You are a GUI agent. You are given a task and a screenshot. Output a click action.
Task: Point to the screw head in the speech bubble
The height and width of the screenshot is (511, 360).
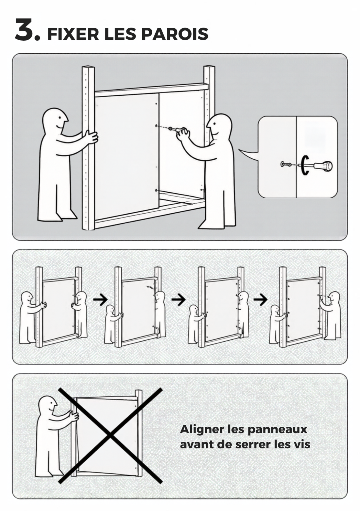click(x=283, y=164)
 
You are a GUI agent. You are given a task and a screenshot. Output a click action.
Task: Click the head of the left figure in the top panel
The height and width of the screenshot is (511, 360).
click(x=55, y=121)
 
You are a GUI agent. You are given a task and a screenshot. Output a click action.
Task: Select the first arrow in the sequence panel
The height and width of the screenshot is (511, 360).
click(x=100, y=300)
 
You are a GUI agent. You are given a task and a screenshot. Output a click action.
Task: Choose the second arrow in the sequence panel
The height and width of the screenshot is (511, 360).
click(x=179, y=299)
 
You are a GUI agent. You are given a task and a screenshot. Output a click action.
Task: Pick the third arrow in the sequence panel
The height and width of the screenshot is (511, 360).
click(x=260, y=299)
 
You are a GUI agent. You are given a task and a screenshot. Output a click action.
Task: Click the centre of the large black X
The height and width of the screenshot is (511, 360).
click(x=110, y=435)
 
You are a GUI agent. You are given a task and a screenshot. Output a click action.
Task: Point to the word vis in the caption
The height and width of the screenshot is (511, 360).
click(x=302, y=444)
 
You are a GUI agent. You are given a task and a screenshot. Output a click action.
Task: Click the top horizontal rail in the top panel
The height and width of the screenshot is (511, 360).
click(x=151, y=89)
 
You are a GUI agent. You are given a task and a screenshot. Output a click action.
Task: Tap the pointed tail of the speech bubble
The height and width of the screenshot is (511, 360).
click(x=240, y=150)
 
